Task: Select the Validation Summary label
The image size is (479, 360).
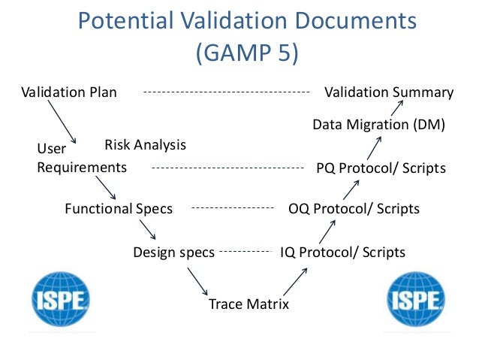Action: [x=388, y=92]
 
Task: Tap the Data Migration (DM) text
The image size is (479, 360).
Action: [x=378, y=124]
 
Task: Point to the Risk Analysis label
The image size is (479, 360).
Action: [x=145, y=144]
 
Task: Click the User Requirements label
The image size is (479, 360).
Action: [x=81, y=159]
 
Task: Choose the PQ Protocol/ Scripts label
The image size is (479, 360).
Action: [x=381, y=168]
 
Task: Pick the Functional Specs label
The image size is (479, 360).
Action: [x=119, y=208]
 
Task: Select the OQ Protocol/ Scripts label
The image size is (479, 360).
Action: [x=354, y=208]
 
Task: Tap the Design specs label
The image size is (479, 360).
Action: [x=173, y=252]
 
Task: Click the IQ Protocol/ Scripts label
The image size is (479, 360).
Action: [x=342, y=252]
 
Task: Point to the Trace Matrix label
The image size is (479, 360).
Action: [x=249, y=304]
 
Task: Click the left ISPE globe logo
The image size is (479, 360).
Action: [x=60, y=300]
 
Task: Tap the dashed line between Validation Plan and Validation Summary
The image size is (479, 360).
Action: [x=226, y=92]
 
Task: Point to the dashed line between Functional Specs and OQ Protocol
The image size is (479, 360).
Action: [x=230, y=208]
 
